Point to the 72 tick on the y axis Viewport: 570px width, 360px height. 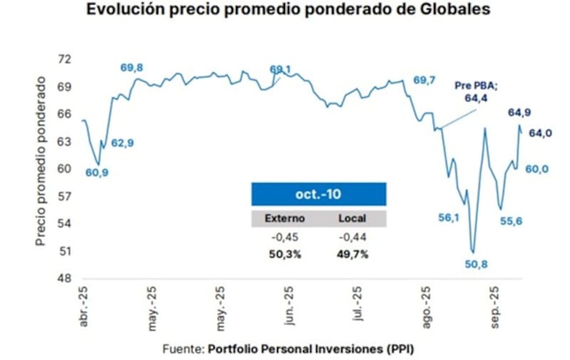tap(63, 59)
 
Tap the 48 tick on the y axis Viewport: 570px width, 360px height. tap(63, 279)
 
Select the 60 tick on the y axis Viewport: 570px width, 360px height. tap(63, 169)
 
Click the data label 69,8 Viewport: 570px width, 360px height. tap(131, 67)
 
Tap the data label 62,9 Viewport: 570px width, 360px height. tap(122, 143)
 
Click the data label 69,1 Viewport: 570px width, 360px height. tap(281, 69)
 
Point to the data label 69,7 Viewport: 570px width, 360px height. tap(425, 80)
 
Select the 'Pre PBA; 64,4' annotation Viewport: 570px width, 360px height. tap(476, 92)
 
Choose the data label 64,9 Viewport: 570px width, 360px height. tap(519, 112)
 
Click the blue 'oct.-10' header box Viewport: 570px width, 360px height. tap(318, 194)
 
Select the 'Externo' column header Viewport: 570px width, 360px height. tap(284, 218)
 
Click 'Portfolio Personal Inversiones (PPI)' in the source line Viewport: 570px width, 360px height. tap(311, 349)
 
